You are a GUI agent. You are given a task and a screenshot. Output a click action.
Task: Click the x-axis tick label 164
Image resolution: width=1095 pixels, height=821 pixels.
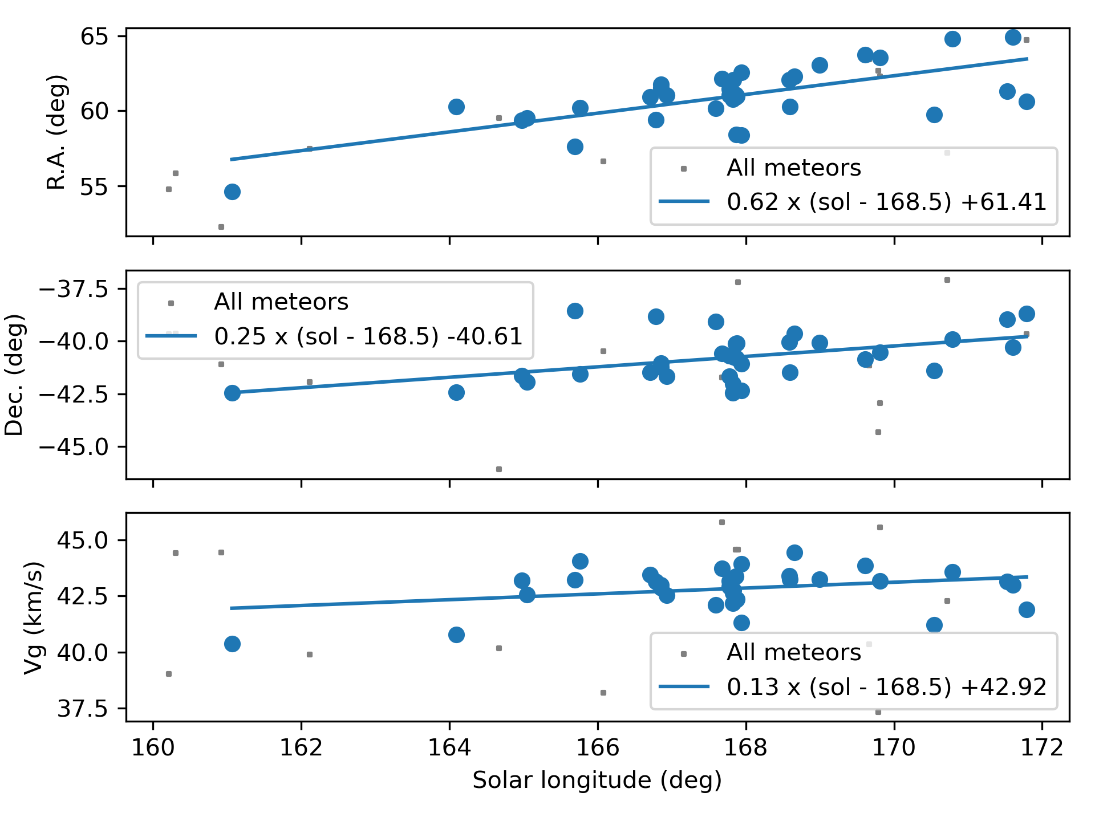click(449, 747)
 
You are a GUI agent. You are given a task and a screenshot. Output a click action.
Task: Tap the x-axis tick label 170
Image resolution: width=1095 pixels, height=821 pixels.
click(894, 747)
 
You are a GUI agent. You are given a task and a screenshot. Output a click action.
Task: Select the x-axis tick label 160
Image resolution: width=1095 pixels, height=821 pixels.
click(153, 747)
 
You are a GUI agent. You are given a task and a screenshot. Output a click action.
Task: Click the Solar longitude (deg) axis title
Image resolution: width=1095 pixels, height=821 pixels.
click(597, 781)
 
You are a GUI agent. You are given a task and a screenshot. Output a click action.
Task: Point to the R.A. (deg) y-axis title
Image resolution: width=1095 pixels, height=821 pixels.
click(56, 132)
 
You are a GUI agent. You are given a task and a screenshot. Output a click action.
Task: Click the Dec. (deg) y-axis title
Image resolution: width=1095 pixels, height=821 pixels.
click(14, 375)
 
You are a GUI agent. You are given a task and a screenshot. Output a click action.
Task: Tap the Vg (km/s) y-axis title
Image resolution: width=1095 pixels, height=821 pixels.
click(34, 617)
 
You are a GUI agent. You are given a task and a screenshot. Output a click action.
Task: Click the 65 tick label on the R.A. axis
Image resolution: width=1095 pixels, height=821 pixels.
click(95, 36)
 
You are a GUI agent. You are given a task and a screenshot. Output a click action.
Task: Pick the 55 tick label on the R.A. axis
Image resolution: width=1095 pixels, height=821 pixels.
click(95, 186)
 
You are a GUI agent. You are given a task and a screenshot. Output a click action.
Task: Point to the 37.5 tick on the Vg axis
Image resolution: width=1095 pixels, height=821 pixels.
click(82, 709)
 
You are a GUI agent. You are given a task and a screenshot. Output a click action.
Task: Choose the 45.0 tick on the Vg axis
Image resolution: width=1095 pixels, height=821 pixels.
click(82, 540)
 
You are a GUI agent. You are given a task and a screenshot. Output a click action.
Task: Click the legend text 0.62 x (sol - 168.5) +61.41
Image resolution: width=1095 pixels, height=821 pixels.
click(886, 202)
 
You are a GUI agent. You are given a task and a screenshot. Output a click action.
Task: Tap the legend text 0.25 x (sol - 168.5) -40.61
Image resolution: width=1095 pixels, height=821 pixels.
click(368, 336)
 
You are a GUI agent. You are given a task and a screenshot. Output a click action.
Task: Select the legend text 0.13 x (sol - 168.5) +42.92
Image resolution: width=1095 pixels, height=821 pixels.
click(886, 687)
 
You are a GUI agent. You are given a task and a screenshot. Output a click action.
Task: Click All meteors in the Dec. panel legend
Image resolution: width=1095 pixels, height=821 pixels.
click(281, 302)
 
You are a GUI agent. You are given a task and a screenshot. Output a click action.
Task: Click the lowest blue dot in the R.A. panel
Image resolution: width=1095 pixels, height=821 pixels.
click(232, 192)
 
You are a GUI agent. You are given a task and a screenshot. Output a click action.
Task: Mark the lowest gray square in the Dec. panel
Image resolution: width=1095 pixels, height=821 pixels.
click(499, 469)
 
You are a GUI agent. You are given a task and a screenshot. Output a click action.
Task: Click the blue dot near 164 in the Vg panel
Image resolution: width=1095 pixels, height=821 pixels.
click(456, 635)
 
